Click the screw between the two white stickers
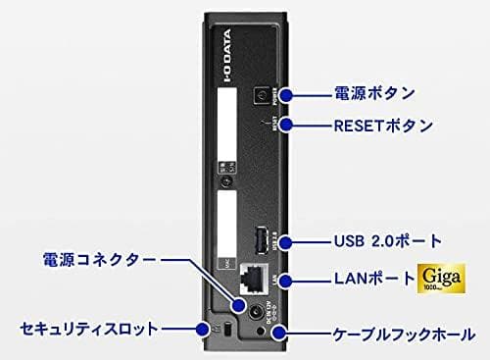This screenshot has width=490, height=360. coord(226,183)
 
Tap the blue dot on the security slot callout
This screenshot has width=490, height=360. coord(204,328)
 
